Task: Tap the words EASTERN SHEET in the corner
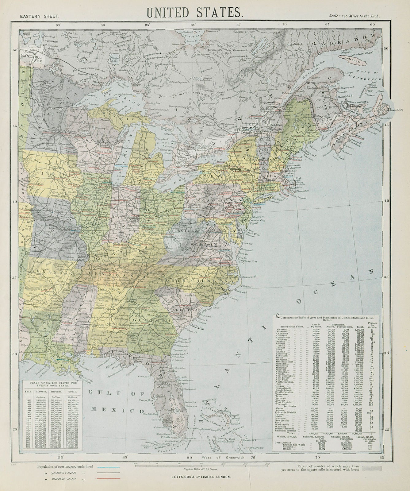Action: pyautogui.click(x=37, y=16)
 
